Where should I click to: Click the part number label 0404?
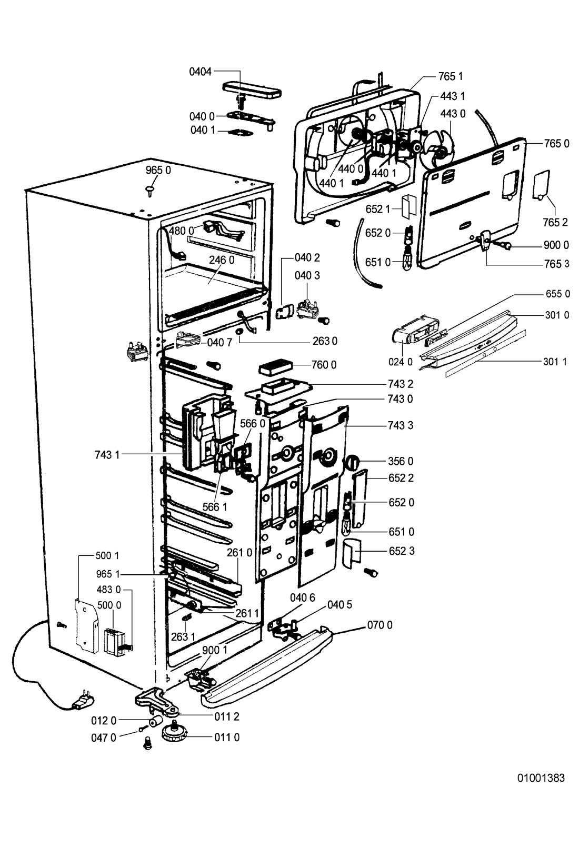pyautogui.click(x=201, y=72)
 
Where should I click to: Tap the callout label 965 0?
pyautogui.click(x=158, y=171)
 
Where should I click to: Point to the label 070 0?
pyautogui.click(x=380, y=625)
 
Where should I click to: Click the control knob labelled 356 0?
pyautogui.click(x=351, y=463)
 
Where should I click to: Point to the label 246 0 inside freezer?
pyautogui.click(x=222, y=259)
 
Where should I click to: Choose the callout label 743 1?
pyautogui.click(x=107, y=454)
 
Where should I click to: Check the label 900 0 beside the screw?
pyautogui.click(x=556, y=245)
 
